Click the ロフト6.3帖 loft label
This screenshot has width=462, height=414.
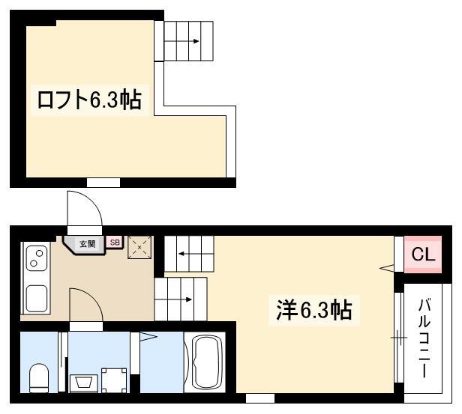coord(89,100)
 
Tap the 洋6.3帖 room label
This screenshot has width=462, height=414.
coord(314,310)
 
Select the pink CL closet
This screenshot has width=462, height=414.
coord(423,255)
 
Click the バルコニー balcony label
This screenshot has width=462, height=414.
coord(424,338)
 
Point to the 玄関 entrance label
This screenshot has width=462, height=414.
coord(87,244)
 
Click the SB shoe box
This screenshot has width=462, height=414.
coord(115,243)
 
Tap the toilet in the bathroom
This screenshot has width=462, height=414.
coord(39,378)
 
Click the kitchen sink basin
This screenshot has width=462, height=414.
coord(37,299)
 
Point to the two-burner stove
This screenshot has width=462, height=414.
coord(37,258)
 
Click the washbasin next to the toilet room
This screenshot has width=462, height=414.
coord(83,383)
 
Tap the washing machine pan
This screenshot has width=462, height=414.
coord(114,380)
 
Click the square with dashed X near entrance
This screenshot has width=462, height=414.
coord(139,247)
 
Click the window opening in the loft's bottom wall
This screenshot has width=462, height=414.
coord(103,183)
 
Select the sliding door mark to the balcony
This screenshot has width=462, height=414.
coord(399,338)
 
